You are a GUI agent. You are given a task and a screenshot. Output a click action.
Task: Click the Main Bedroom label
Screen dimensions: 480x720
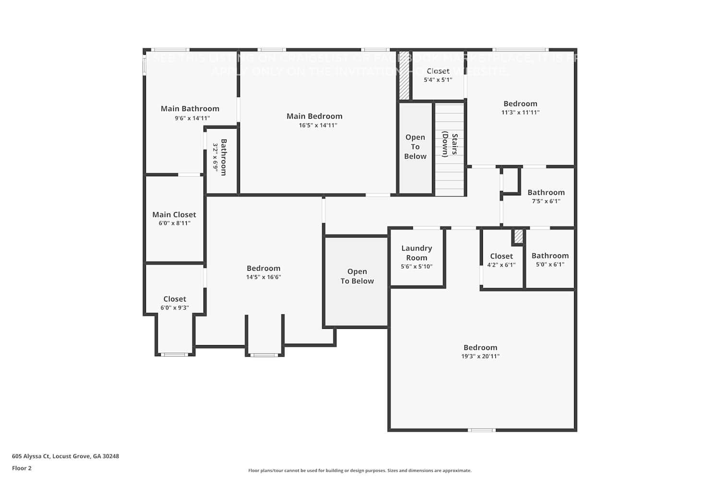[x=314, y=116]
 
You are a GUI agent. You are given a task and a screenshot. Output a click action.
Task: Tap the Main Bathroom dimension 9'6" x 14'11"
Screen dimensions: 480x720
[x=192, y=118]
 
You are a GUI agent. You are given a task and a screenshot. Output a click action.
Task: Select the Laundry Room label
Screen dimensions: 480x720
[x=417, y=252]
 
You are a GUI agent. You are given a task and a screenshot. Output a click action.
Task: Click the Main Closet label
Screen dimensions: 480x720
[x=174, y=215]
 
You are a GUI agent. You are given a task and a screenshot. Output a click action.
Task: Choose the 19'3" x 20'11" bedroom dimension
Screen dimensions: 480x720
[x=480, y=356]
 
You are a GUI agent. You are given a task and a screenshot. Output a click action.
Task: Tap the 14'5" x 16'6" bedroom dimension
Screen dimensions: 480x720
[x=264, y=277]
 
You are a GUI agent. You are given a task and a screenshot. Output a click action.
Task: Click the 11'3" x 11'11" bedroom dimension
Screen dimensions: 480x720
[x=520, y=112]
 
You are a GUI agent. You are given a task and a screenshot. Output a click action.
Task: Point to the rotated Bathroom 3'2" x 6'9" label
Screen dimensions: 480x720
[x=219, y=157]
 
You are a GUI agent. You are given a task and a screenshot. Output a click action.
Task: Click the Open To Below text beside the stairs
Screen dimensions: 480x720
[x=415, y=147]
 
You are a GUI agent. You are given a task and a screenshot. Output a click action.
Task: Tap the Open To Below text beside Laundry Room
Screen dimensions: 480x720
[x=357, y=276]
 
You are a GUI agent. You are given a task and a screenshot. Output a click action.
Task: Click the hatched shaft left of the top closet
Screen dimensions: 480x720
[x=405, y=76]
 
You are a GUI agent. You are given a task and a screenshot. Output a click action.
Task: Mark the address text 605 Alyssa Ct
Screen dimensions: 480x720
[x=65, y=456]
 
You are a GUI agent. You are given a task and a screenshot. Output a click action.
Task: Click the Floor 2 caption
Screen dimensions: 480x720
[x=22, y=468]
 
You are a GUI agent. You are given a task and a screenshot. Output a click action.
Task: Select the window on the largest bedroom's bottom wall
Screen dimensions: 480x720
[x=481, y=430]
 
